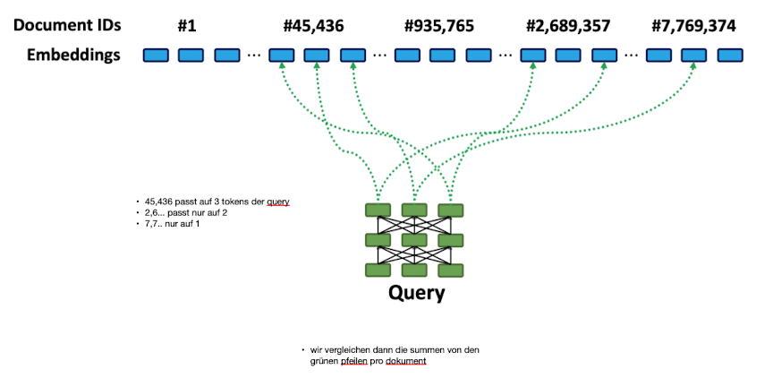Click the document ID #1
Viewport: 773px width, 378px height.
coord(187,26)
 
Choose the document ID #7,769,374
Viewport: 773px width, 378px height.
coord(694,26)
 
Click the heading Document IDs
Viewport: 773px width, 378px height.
coord(66,26)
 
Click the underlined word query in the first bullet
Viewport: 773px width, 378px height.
coord(278,202)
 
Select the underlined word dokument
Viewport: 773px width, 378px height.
coord(408,361)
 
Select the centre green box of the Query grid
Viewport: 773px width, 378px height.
coord(414,240)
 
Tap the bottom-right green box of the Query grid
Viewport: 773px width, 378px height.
coord(450,270)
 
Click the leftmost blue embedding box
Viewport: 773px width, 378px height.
coord(156,56)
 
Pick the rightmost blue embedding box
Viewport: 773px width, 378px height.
coord(731,56)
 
